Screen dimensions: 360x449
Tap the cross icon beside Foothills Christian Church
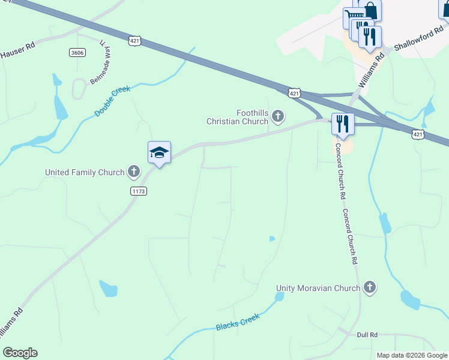pos(277,115)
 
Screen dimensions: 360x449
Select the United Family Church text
pos(84,172)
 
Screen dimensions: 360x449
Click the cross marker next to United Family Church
pos(133,172)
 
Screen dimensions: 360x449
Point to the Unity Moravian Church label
pos(318,288)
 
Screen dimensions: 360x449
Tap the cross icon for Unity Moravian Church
pos(370,288)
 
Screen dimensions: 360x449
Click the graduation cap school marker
pos(160,152)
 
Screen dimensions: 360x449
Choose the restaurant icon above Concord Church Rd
pos(343,124)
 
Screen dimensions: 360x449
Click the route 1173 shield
pos(138,191)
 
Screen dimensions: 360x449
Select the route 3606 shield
pos(77,53)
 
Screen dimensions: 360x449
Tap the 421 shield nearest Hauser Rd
pos(134,40)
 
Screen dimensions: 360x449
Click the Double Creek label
pos(112,101)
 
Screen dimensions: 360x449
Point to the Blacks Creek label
pos(238,323)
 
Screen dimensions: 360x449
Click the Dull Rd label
pos(367,335)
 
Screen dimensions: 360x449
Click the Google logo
pos(20,353)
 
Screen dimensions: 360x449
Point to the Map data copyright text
pos(412,355)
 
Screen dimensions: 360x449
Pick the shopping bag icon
pos(370,10)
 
